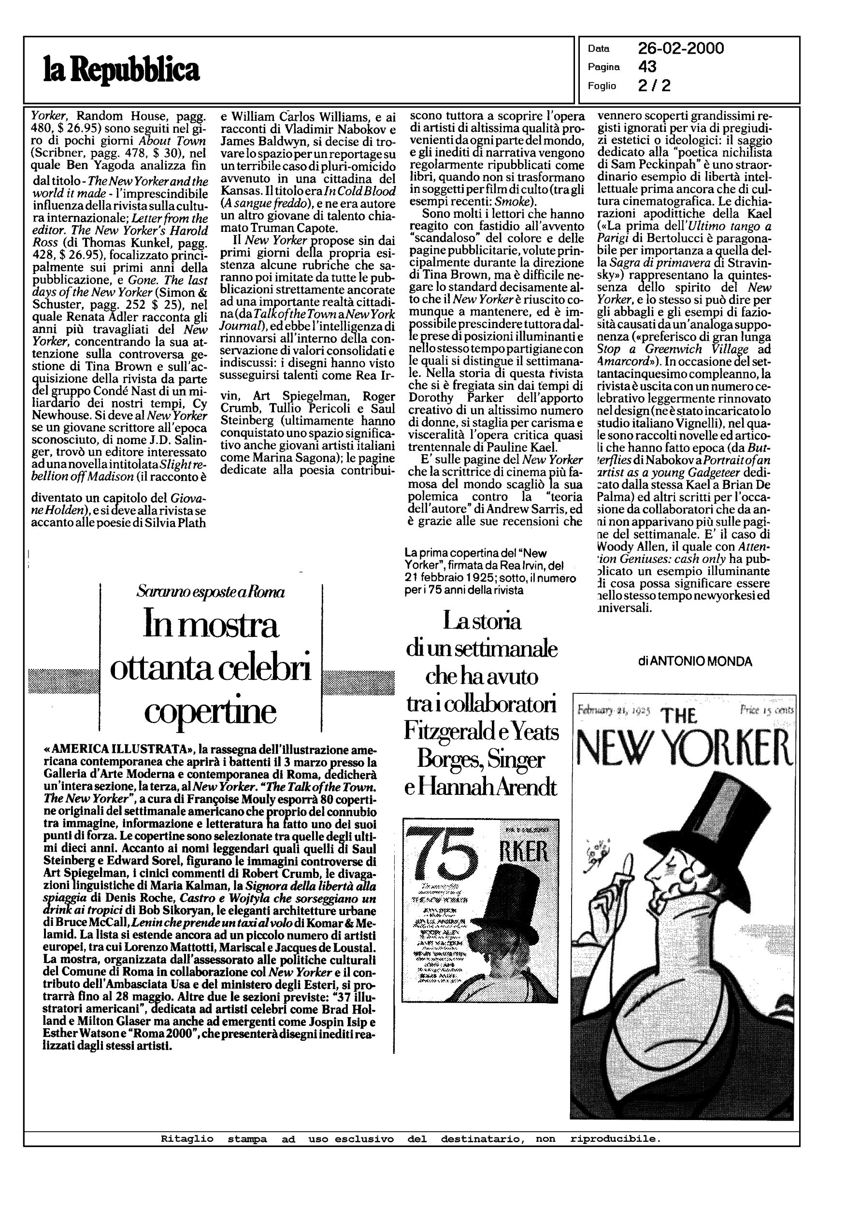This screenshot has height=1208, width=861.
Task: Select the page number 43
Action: (647, 67)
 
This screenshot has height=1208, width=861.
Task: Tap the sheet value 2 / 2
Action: (654, 86)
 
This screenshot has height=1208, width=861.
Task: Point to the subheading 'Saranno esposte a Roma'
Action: (211, 592)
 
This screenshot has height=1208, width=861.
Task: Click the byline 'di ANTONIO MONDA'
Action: (695, 662)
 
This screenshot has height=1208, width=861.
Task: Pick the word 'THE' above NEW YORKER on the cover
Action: (679, 717)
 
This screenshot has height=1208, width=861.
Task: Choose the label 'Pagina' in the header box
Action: (604, 67)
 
